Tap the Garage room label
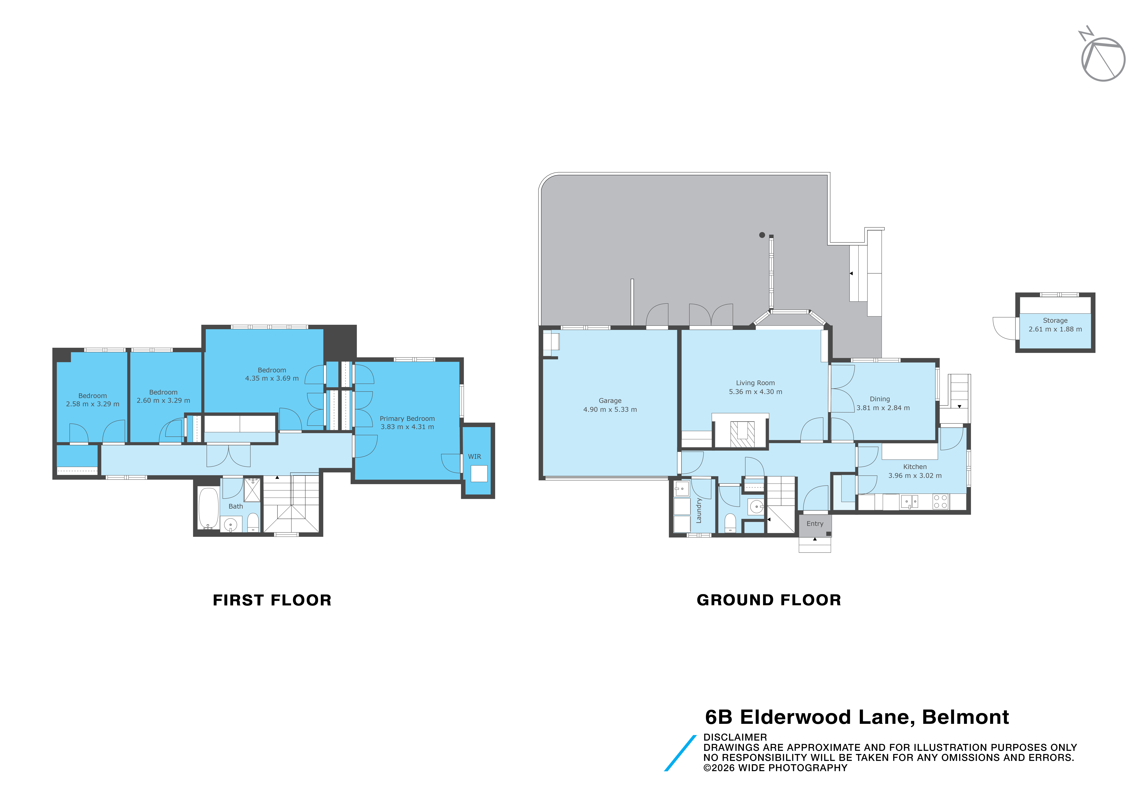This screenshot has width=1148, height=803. coord(610,401)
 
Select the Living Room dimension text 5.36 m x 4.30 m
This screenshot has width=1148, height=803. coord(755,392)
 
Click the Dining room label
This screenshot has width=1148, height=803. coord(880,399)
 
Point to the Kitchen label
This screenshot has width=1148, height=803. coord(915,467)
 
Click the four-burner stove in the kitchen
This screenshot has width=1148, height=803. coord(941,502)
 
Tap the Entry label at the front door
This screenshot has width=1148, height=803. coord(815,524)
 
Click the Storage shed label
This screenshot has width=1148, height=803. coord(1056,320)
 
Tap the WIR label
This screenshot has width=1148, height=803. coord(474,457)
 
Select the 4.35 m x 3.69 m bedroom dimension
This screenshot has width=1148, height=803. coord(272,378)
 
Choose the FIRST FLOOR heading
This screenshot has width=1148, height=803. coord(272,600)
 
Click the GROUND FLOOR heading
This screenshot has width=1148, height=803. coord(769,600)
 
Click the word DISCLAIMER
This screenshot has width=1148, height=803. coord(735,737)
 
